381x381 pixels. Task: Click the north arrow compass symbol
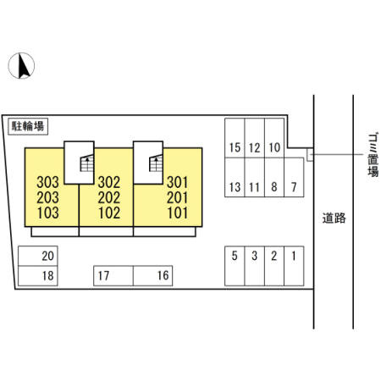tap(21, 65)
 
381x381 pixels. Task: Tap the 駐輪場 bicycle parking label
tap(28, 126)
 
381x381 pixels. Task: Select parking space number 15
tap(235, 138)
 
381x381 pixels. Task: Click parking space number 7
tap(294, 177)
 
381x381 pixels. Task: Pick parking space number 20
tap(38, 256)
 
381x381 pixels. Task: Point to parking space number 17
tap(113, 276)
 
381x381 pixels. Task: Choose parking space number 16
tap(152, 276)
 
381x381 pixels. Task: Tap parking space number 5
tap(235, 266)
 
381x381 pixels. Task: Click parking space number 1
tap(294, 266)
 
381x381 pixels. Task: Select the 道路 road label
tap(334, 218)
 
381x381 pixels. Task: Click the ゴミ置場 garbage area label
tap(373, 155)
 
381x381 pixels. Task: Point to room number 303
tap(47, 182)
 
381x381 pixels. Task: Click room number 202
tap(109, 197)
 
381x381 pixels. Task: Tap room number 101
tap(177, 213)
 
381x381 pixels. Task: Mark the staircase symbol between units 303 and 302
tap(87, 163)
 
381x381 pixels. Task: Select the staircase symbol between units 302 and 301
tap(156, 163)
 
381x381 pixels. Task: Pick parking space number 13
tap(235, 177)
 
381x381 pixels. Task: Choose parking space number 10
tap(274, 138)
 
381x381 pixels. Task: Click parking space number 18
tap(38, 276)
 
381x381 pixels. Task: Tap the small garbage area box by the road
tap(310, 155)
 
